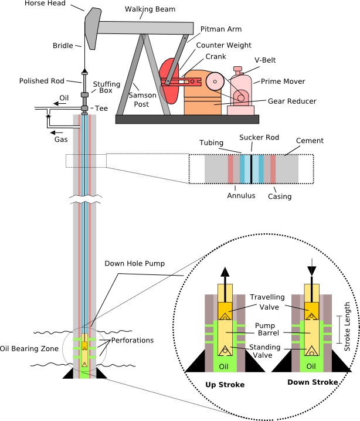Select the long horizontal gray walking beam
(x=147, y=27)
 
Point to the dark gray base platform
(x=187, y=119)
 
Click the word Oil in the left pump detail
(x=223, y=367)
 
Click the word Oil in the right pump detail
(x=311, y=367)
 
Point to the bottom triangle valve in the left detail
(x=225, y=351)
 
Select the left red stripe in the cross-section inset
(x=230, y=169)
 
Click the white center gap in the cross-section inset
(x=252, y=169)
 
